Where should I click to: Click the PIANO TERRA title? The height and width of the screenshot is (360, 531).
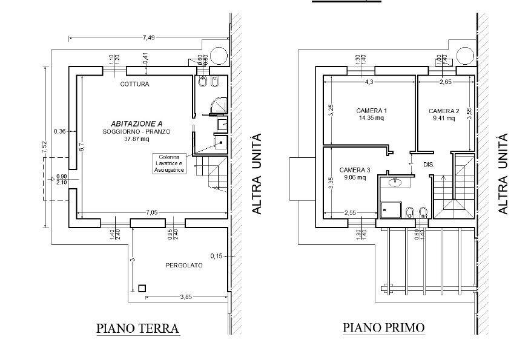138,329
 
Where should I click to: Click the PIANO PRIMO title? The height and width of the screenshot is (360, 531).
384,329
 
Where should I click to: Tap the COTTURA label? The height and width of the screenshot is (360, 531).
134,84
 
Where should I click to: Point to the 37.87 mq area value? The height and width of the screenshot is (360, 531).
136,139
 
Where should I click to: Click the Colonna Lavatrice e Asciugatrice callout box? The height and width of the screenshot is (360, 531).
169,163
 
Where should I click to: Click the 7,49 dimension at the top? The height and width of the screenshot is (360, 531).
148,38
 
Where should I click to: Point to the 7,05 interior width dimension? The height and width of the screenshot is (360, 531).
152,212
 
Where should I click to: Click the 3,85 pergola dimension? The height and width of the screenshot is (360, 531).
185,297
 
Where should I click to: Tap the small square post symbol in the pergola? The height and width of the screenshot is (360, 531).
142,289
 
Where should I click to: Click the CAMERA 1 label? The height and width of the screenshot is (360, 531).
371,111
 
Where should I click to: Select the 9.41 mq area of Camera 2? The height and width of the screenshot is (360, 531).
444,119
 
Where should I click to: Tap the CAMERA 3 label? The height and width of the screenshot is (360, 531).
354,170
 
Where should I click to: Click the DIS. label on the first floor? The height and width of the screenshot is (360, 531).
428,165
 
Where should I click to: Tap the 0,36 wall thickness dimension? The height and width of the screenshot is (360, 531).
59,131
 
